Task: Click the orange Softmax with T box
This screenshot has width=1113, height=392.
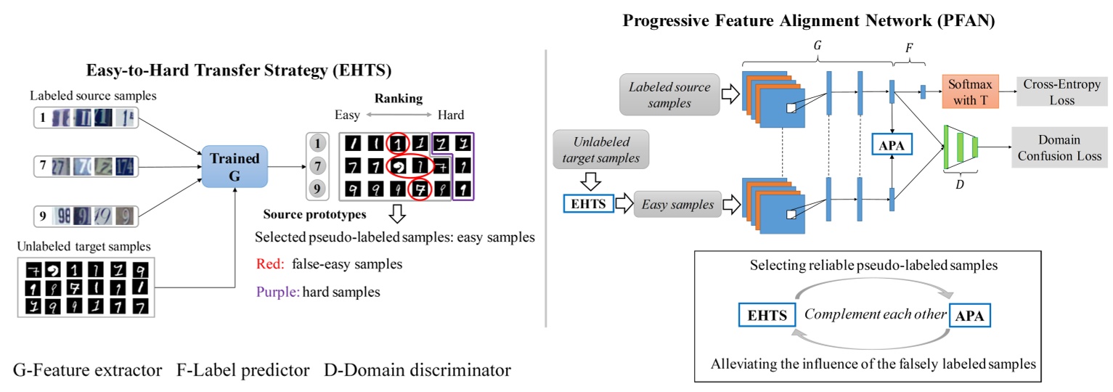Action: click(x=969, y=93)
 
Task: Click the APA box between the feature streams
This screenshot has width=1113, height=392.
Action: click(x=892, y=145)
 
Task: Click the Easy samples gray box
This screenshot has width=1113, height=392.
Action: click(x=676, y=205)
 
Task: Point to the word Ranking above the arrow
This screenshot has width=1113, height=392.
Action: click(x=399, y=98)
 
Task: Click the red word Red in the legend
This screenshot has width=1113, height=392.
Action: click(x=270, y=265)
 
